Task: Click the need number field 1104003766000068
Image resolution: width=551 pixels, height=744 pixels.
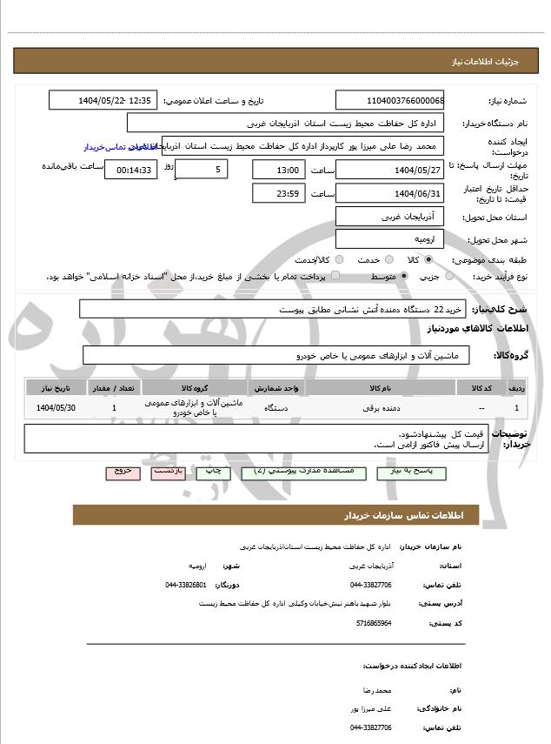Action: point(389,100)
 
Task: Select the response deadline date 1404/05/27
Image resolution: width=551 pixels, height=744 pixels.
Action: point(389,169)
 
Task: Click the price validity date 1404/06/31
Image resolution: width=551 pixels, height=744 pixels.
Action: point(389,192)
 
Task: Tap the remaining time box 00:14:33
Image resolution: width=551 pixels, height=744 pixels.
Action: point(130,170)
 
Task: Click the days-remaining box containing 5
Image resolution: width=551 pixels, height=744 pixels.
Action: point(202,169)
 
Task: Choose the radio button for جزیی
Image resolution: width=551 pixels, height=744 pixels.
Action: point(448,276)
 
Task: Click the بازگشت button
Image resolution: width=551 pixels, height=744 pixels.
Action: point(168,471)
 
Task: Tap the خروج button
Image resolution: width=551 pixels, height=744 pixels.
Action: point(122,471)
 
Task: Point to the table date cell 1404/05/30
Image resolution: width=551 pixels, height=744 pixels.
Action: point(56,407)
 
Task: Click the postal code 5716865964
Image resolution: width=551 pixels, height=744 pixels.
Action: point(374,623)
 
